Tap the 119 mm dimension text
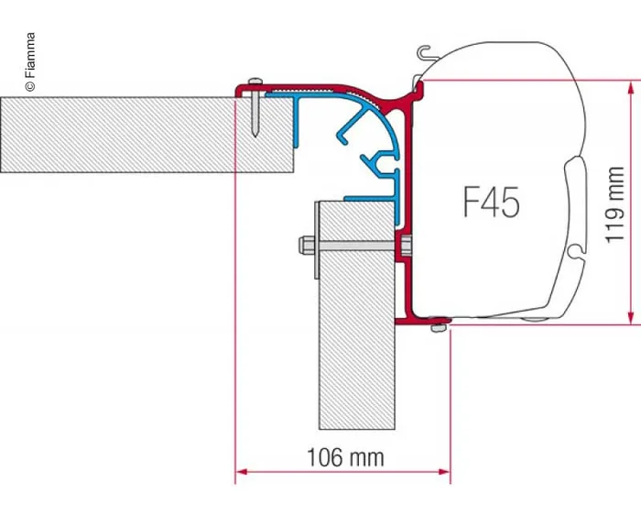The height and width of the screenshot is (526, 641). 614,203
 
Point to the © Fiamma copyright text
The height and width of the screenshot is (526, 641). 30,62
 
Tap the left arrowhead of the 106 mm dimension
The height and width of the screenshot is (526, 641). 242,472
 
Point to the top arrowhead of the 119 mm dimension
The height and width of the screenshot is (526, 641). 630,86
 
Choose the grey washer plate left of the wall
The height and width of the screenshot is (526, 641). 316,238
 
